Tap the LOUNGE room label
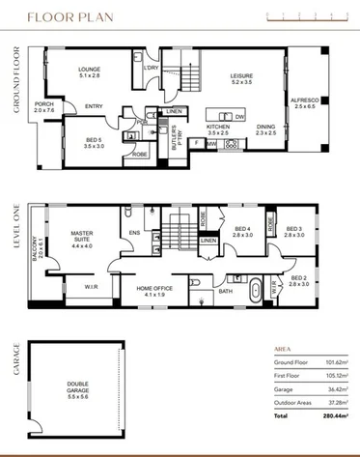coord(90,71)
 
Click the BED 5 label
coord(94,142)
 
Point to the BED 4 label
coord(242,230)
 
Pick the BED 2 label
coord(298,280)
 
